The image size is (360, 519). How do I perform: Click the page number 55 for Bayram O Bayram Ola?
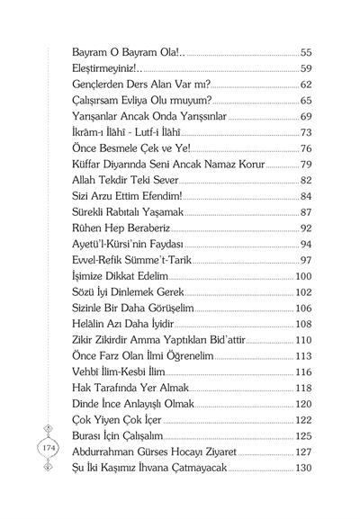[306, 53]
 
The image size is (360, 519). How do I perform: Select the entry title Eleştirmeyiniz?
[99, 68]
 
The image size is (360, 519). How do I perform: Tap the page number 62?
[306, 85]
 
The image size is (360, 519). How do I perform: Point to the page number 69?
[306, 116]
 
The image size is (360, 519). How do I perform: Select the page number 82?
[306, 180]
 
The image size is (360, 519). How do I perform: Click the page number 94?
[306, 243]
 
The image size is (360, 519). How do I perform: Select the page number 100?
[303, 275]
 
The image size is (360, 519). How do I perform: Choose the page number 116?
[303, 371]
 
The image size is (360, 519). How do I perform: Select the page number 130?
[303, 467]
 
